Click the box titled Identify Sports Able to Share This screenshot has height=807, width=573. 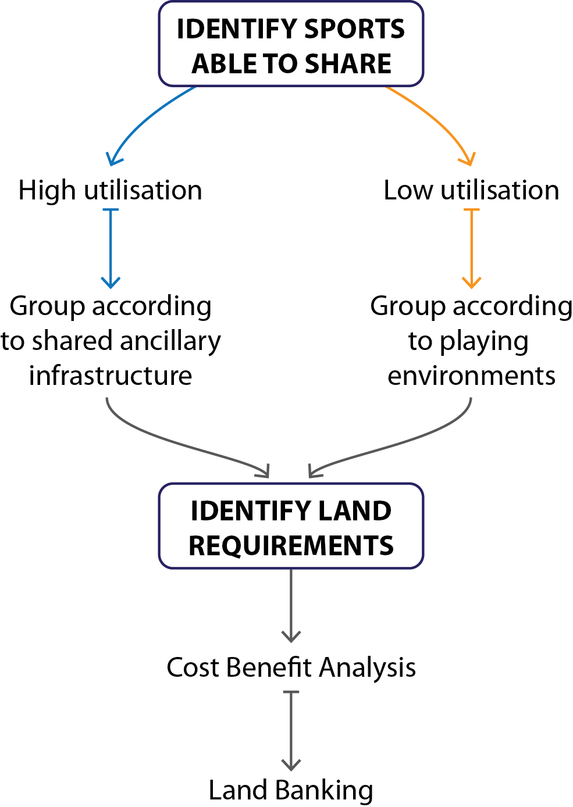pos(291,44)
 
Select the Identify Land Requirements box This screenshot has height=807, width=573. pos(291,526)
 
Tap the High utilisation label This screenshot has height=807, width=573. pos(110,191)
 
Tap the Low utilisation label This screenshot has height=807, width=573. pos(471,191)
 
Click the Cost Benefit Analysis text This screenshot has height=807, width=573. pos(291,667)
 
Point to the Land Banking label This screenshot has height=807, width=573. pos(291,790)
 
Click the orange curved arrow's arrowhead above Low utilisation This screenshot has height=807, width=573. pos(468,159)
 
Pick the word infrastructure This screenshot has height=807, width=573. pos(111,376)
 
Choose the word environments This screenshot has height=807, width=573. pos(471,376)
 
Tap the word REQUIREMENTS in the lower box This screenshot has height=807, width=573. pos(291,546)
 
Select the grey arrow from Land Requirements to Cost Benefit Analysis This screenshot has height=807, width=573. pos(291,605)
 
